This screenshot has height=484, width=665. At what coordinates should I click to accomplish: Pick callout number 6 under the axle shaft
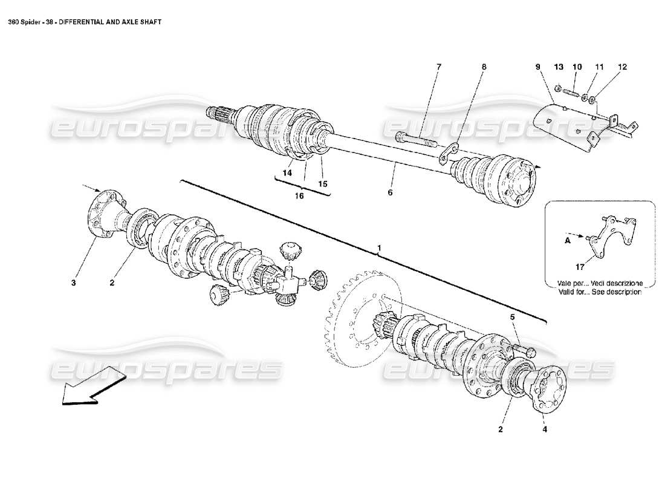390,192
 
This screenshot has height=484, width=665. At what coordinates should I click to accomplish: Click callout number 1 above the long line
379,248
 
